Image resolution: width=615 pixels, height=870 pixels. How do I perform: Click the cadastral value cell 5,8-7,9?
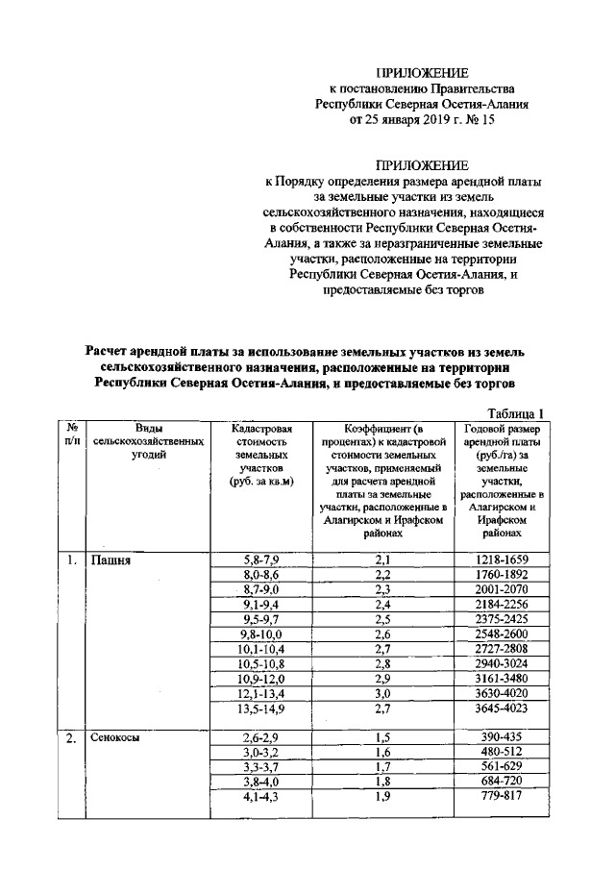point(259,559)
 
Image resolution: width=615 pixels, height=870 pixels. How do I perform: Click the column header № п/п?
point(72,435)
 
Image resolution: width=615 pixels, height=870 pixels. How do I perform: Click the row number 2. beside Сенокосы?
point(71,737)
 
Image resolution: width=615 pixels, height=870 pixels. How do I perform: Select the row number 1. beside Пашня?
point(71,559)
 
